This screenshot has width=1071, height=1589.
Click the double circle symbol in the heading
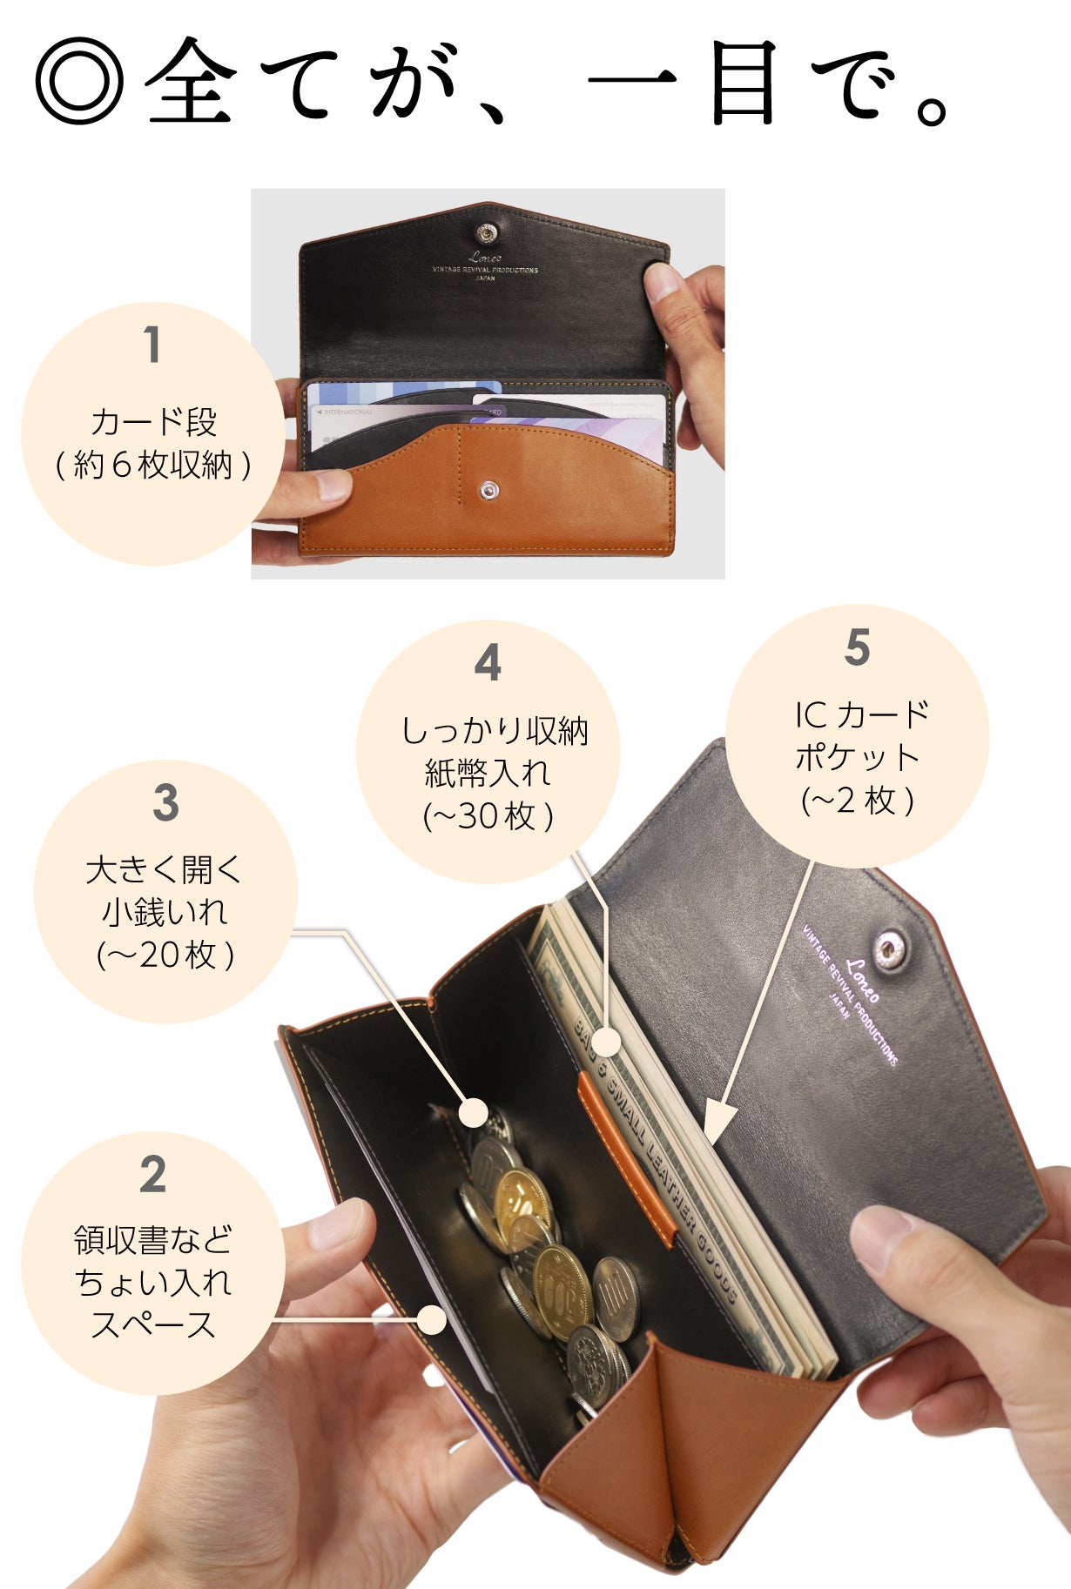[x=79, y=81]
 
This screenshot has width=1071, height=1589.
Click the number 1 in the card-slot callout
[x=152, y=345]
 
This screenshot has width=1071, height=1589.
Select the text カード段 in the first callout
[x=153, y=423]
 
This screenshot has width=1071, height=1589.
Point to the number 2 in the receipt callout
[x=152, y=1175]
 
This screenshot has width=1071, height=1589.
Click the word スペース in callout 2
[x=153, y=1324]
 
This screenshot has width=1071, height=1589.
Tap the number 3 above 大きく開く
[x=165, y=803]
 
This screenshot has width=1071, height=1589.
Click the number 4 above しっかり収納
[x=488, y=663]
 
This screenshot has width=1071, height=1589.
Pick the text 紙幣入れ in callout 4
[x=488, y=773]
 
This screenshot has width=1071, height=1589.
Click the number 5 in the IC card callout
[x=857, y=648]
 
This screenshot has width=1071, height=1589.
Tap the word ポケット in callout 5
[x=857, y=757]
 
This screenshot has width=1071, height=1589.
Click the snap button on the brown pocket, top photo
[x=489, y=491]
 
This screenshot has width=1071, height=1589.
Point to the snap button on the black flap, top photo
[x=487, y=232]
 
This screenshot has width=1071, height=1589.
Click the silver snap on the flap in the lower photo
[x=889, y=949]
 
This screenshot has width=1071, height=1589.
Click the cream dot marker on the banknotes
[x=609, y=1042]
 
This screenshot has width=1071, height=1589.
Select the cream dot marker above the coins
[x=474, y=1112]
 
